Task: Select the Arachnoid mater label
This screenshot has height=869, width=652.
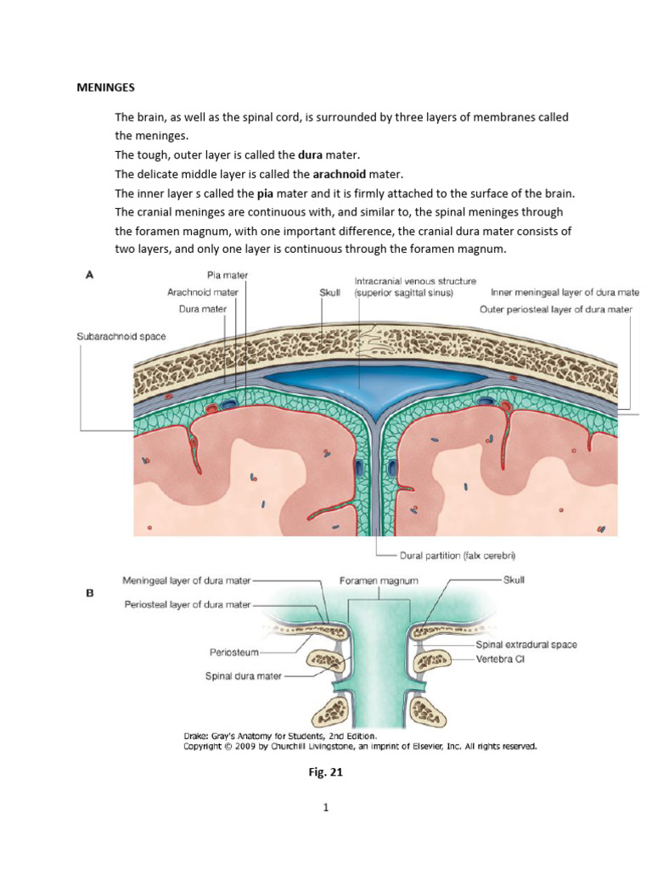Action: click(x=202, y=292)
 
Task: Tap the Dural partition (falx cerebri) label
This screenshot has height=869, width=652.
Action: click(x=458, y=556)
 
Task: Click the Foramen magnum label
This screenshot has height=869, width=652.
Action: click(x=370, y=582)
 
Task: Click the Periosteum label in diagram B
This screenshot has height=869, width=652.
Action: click(x=233, y=653)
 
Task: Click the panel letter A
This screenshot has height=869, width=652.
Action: click(x=87, y=275)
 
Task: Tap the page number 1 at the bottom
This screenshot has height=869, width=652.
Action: click(x=325, y=808)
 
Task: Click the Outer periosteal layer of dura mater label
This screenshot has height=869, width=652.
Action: click(x=556, y=310)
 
